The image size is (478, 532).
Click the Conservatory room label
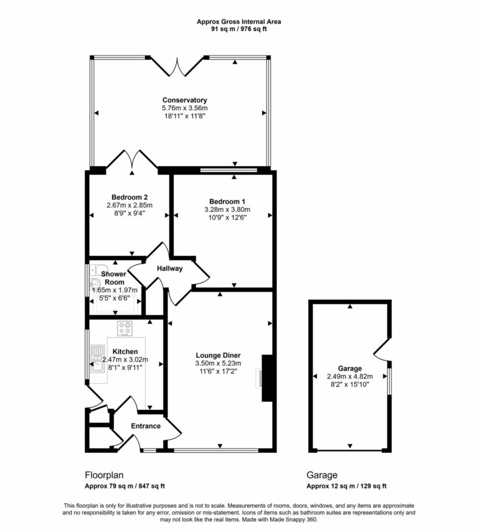(184, 100)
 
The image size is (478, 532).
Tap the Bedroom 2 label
(129, 197)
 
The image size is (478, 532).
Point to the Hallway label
(169, 268)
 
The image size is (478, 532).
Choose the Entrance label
(146, 426)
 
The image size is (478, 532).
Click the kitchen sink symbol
(98, 359)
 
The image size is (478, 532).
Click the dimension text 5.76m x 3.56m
(184, 108)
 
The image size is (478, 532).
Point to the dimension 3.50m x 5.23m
(218, 363)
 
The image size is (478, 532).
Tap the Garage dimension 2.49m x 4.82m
(350, 376)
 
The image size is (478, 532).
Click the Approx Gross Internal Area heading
(239, 21)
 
